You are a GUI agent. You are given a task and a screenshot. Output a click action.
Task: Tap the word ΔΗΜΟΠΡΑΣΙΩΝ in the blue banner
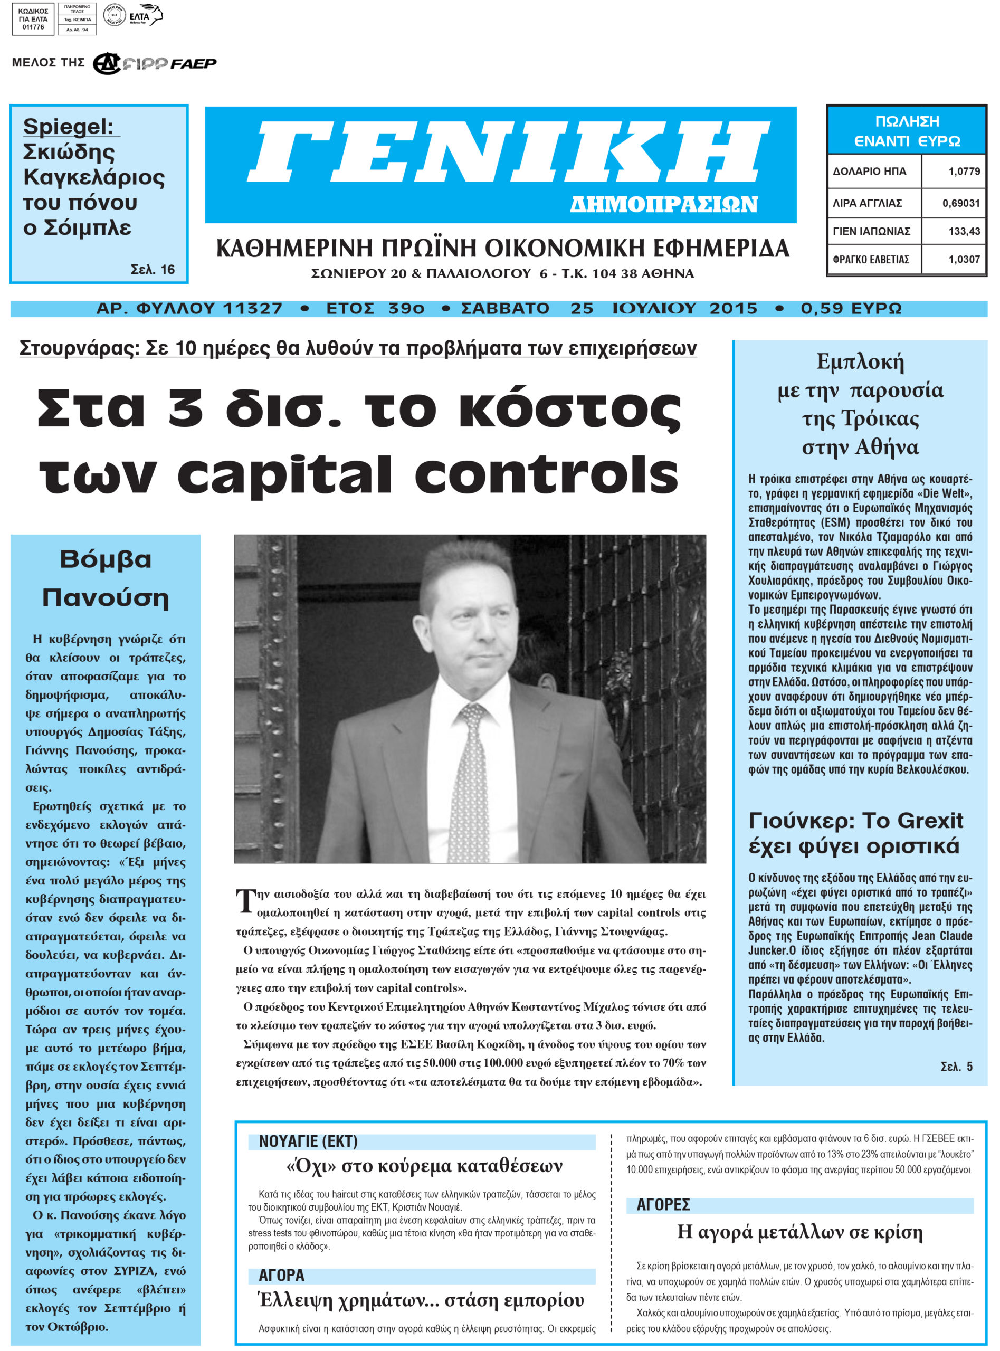pyautogui.click(x=663, y=205)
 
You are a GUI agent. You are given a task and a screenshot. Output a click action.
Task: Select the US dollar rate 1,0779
pyautogui.click(x=964, y=172)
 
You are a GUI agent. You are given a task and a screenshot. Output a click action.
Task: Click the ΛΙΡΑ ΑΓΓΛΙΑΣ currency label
pyautogui.click(x=867, y=203)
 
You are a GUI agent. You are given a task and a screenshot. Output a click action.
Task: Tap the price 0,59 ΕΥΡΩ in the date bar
pyautogui.click(x=851, y=309)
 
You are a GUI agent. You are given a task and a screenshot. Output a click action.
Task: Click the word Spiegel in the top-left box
pyautogui.click(x=68, y=127)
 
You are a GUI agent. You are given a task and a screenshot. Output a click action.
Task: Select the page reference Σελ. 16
pyautogui.click(x=153, y=269)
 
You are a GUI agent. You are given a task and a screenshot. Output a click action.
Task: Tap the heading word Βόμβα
pyautogui.click(x=106, y=559)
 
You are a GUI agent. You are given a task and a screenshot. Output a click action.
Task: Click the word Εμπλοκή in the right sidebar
pyautogui.click(x=860, y=362)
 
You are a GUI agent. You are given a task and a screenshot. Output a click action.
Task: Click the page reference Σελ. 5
pyautogui.click(x=956, y=1067)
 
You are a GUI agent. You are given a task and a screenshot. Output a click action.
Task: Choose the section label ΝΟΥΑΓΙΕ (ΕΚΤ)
pyautogui.click(x=308, y=1141)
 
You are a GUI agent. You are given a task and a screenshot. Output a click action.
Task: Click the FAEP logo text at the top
pyautogui.click(x=193, y=63)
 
